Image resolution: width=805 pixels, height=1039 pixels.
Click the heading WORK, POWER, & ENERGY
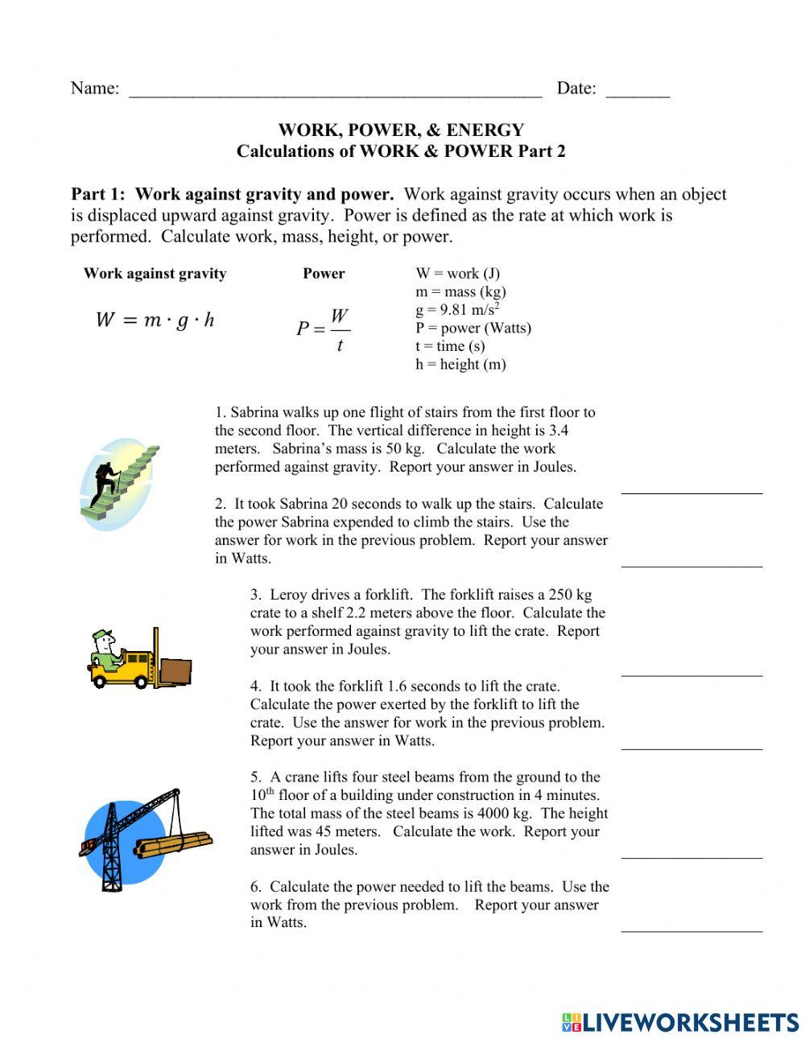point(401,130)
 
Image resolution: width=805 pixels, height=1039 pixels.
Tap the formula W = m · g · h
point(155,320)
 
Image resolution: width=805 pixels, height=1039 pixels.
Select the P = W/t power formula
point(323,328)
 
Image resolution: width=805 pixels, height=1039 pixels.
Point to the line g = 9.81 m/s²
point(457,310)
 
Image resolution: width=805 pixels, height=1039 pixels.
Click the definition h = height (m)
point(460,364)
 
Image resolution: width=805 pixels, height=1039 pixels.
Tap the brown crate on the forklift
point(175,672)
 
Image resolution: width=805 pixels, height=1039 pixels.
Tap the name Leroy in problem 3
point(289,595)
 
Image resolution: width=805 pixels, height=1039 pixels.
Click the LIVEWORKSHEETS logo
point(680,1022)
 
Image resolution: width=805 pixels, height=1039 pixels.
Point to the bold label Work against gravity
point(155,274)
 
